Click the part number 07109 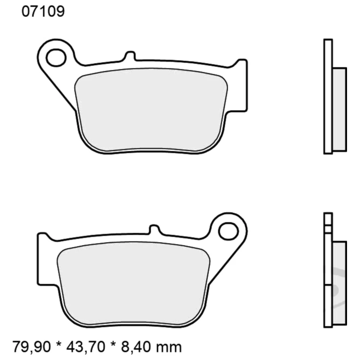[43, 12]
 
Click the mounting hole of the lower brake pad [228, 231]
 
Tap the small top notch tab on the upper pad [130, 57]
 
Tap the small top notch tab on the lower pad [154, 229]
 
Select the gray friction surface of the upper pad [151, 108]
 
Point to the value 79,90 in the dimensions [32, 347]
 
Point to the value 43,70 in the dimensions [86, 347]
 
